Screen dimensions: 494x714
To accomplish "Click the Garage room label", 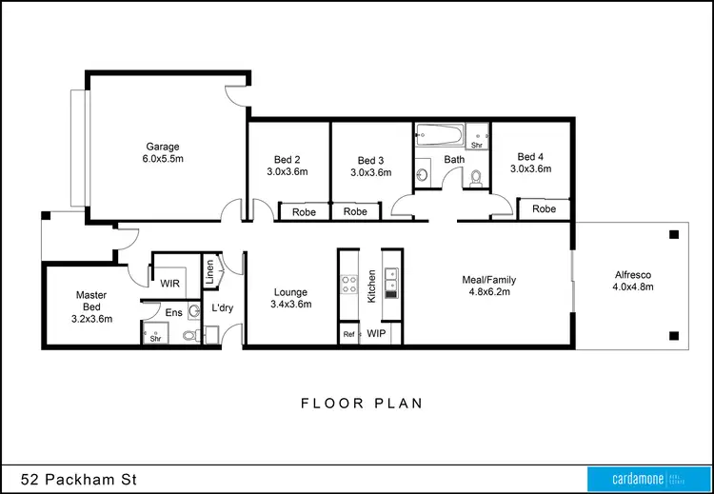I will click(163, 147).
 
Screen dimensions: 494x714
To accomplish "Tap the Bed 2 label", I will click(288, 160).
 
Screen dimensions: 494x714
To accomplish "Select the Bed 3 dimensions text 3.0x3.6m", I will click(370, 172).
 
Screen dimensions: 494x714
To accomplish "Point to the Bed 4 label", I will click(531, 156).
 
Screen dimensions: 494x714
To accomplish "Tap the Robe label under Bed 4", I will click(544, 208).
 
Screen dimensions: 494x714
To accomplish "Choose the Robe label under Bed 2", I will click(304, 211).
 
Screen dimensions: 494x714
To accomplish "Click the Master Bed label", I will click(91, 302).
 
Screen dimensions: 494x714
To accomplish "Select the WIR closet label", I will click(170, 283).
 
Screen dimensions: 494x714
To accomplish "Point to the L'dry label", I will click(222, 308).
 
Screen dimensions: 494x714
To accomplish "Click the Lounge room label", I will click(290, 292).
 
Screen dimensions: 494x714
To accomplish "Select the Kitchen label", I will click(372, 286).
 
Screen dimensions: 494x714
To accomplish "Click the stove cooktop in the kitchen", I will click(348, 283).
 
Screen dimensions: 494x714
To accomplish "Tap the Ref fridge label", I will click(348, 334).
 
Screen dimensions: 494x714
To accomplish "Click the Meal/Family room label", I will click(488, 280).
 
